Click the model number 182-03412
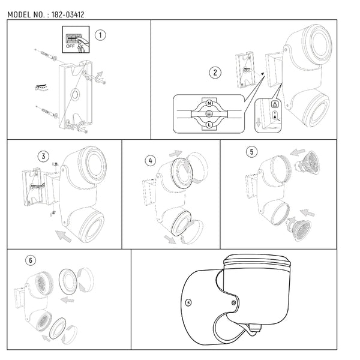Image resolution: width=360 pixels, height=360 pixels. click(x=68, y=14)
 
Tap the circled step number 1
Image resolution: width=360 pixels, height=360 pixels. click(x=100, y=35)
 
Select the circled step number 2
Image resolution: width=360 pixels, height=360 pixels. click(x=215, y=73)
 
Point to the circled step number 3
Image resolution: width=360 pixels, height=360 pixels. click(x=43, y=157)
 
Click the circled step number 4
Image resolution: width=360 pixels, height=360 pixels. click(x=151, y=161)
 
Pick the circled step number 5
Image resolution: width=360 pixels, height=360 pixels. click(x=251, y=152)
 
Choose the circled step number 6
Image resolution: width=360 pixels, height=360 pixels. click(x=31, y=260)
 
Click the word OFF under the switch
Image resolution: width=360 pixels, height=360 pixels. click(x=70, y=46)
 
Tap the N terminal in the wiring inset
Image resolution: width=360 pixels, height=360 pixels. click(x=209, y=103)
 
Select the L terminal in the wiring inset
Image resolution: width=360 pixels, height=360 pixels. click(x=209, y=125)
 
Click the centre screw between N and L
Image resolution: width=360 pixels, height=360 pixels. click(x=209, y=113)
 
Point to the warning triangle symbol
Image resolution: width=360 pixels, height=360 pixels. click(x=275, y=104)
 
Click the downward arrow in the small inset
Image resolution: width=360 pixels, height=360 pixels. click(x=259, y=122)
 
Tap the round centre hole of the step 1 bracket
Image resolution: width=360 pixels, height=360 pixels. click(x=75, y=94)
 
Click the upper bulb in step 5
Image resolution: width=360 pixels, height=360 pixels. click(x=307, y=163)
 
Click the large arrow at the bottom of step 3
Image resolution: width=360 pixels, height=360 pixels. click(x=64, y=236)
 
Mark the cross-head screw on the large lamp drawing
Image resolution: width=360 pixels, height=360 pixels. click(x=188, y=302)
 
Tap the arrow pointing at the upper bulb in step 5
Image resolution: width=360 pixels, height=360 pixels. click(x=298, y=152)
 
